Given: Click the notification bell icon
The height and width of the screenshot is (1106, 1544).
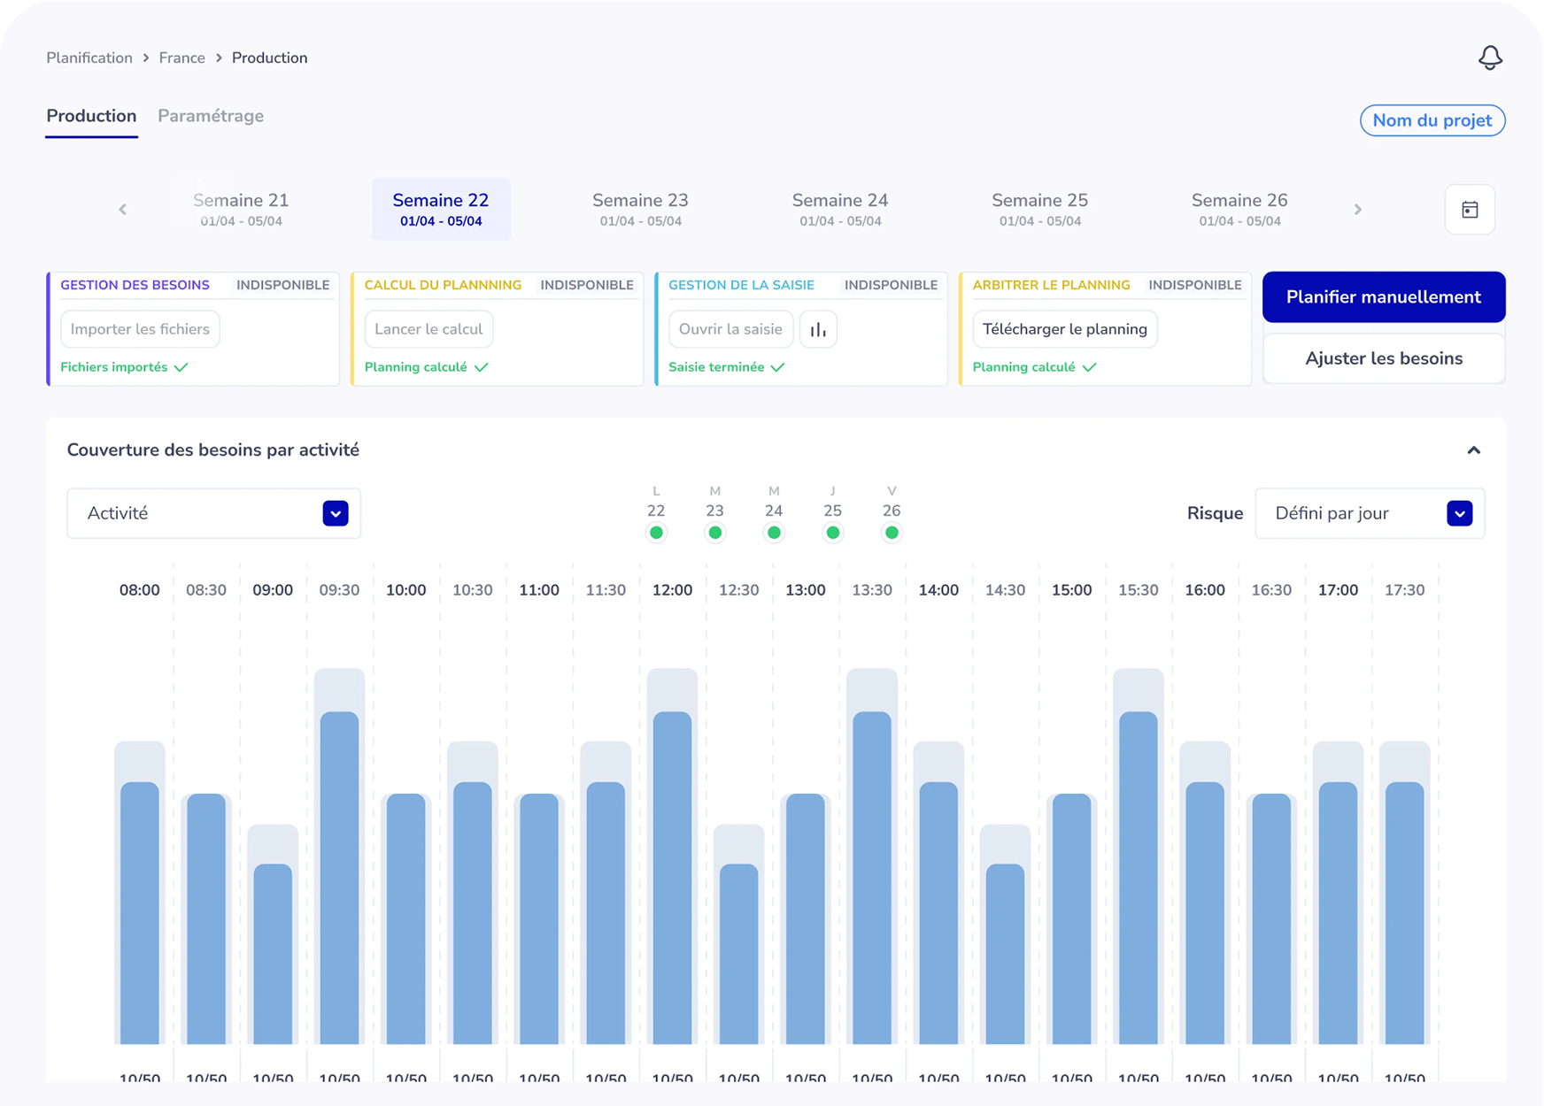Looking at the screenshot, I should click(1490, 58).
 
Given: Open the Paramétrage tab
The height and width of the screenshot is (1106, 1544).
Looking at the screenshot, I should click(211, 116).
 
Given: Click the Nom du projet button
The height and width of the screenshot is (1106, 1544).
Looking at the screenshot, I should click(1432, 120).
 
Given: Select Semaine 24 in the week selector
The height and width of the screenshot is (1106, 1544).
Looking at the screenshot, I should click(839, 209).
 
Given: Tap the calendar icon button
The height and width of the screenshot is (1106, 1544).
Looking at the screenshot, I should click(1470, 210).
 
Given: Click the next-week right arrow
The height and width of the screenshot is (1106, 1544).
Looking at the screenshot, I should click(1357, 210).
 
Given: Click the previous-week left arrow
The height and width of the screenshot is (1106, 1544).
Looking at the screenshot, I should click(123, 210).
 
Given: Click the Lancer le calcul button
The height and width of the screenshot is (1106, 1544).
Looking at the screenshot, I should click(428, 329).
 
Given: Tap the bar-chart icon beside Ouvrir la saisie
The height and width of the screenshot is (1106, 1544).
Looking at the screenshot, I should click(818, 329).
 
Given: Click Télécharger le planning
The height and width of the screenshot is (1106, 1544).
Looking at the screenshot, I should click(1064, 329).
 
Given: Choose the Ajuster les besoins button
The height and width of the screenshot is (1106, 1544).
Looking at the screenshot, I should click(1383, 358).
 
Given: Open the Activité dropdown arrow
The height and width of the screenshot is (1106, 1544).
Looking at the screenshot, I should click(336, 513).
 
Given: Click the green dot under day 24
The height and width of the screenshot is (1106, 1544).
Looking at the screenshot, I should click(774, 533).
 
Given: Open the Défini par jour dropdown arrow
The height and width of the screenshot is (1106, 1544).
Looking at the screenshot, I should click(1459, 513).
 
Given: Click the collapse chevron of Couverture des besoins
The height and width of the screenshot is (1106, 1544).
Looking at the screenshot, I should click(1473, 450).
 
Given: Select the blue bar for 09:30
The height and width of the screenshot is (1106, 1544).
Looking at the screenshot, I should click(339, 876).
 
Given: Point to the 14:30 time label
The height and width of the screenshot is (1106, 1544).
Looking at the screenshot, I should click(1005, 590).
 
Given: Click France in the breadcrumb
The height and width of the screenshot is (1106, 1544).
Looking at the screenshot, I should click(181, 58).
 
